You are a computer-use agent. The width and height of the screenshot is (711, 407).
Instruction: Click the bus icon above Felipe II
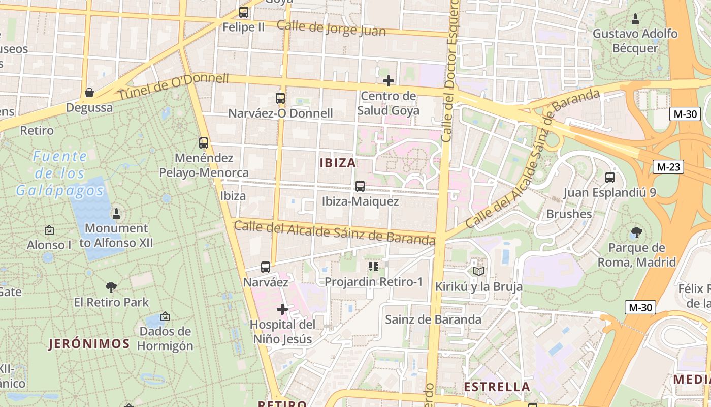tap(244, 12)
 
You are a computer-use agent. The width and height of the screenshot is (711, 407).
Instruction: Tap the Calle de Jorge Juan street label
tap(331, 28)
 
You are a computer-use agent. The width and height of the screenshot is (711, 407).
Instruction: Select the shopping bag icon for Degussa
tap(89, 93)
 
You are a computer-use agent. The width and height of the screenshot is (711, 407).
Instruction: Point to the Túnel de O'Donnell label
tap(174, 87)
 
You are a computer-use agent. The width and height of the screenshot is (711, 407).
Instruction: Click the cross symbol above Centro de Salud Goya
tap(389, 81)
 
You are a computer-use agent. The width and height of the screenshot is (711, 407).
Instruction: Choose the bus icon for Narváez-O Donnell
tap(280, 98)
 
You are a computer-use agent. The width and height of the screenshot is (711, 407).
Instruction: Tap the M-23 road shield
tap(669, 167)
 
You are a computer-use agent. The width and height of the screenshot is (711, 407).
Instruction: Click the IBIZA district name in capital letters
tap(338, 163)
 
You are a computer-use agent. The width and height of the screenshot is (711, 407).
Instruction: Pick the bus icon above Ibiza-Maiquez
tap(360, 186)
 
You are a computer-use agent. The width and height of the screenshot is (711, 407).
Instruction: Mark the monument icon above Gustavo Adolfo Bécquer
tap(635, 19)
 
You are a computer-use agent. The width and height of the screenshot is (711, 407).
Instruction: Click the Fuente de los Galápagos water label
tap(60, 173)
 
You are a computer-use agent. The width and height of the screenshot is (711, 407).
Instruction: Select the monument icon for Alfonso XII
tap(116, 213)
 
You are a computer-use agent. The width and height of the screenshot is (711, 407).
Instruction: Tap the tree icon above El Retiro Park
tap(111, 287)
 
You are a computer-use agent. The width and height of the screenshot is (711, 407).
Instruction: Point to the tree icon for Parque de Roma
tap(636, 233)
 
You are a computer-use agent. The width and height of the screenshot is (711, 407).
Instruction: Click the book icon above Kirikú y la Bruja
tap(479, 271)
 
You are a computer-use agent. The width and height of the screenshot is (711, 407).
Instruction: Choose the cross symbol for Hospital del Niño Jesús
tap(282, 309)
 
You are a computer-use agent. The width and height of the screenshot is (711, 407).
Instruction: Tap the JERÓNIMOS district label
tap(89, 344)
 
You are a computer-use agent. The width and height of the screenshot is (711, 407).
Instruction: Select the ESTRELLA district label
tap(497, 387)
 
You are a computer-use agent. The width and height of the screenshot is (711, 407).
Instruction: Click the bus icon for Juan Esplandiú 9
tap(610, 178)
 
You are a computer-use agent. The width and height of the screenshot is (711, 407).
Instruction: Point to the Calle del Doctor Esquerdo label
tap(449, 71)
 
